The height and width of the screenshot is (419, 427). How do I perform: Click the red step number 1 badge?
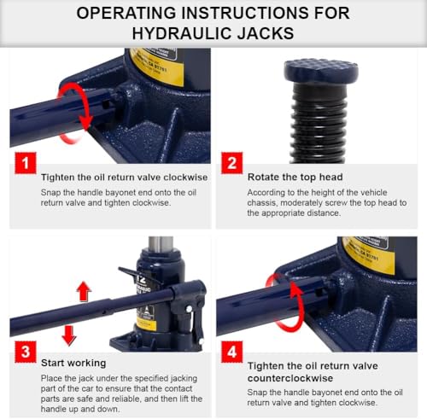click(x=26, y=163)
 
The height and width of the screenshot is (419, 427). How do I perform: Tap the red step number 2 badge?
click(x=232, y=163)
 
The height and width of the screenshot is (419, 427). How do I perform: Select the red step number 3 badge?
click(x=26, y=352)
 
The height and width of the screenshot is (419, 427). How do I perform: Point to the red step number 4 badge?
click(x=232, y=352)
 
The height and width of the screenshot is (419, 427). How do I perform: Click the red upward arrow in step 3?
click(x=84, y=291)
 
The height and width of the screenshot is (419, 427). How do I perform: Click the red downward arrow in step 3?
click(x=69, y=335)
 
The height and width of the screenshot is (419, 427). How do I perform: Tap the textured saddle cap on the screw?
click(x=321, y=70)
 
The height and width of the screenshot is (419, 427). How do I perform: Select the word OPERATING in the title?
click(x=126, y=13)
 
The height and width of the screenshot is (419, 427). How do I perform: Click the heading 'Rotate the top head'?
click(x=295, y=177)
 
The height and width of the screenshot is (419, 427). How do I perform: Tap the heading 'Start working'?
click(x=73, y=363)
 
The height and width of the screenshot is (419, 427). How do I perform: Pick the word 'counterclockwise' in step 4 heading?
click(x=290, y=378)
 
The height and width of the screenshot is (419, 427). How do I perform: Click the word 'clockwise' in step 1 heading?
click(x=185, y=177)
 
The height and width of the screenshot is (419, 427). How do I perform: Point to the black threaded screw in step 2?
click(x=319, y=123)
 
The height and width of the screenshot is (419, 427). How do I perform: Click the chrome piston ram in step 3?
click(x=161, y=244)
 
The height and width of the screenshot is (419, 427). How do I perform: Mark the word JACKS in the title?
click(x=266, y=33)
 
